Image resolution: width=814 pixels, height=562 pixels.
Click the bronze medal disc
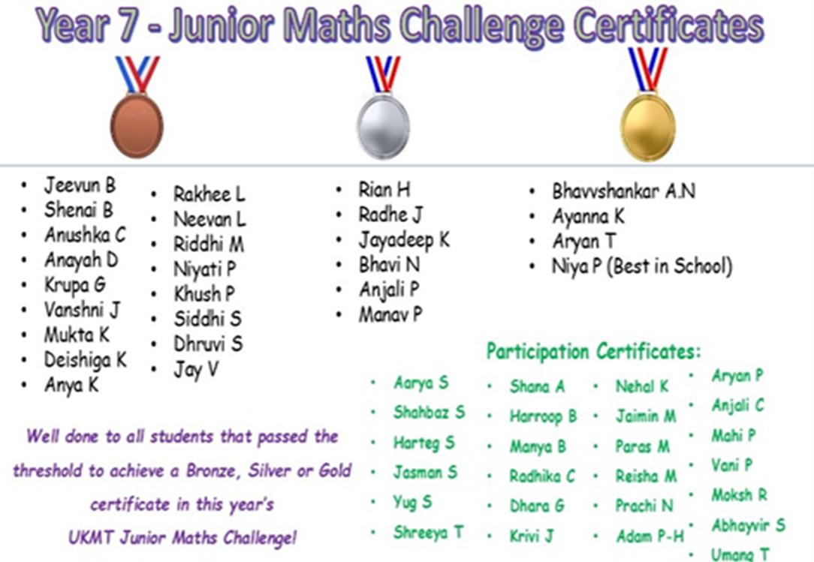137,125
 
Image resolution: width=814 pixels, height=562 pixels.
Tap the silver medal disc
384,127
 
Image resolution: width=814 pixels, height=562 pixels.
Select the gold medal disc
648,127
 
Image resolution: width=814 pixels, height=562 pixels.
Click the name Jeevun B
80,185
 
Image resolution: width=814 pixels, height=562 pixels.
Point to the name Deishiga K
86,359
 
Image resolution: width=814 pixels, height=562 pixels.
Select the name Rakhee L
210,194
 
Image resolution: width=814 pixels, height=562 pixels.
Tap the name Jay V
196,369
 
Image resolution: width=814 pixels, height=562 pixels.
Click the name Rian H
384,189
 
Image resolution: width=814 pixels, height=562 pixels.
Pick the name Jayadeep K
404,240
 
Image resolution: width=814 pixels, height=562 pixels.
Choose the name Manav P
390,314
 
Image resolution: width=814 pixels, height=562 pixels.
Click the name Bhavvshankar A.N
623,191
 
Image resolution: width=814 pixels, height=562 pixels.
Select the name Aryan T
584,242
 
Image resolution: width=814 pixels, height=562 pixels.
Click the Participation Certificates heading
593,351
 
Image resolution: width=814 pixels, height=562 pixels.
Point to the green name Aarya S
421,383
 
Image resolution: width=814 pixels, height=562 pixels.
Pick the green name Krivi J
532,536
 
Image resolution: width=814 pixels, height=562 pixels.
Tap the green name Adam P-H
650,536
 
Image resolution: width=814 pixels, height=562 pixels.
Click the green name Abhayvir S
749,525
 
